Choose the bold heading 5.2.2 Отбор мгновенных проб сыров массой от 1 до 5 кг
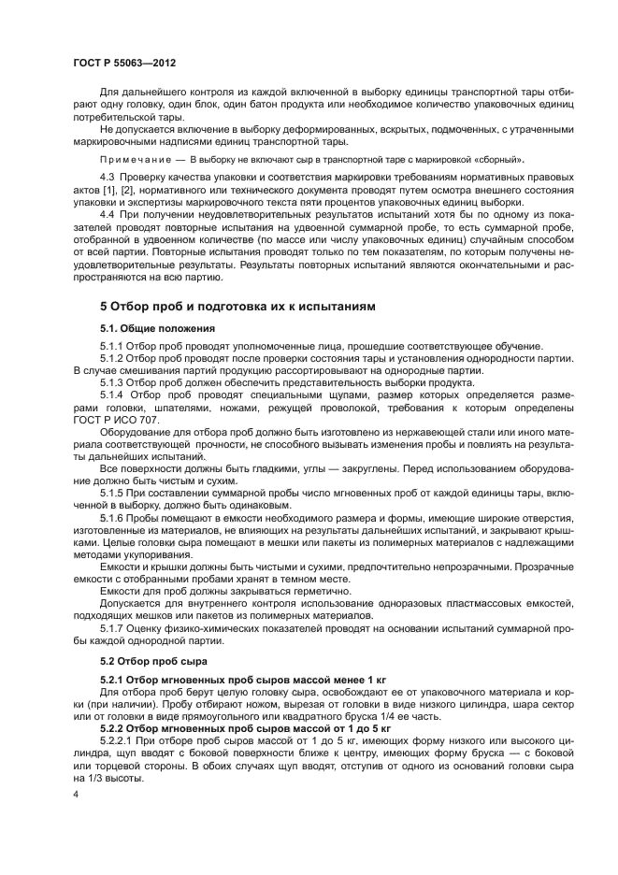pos(246,726)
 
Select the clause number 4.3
pos(109,176)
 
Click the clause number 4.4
pos(109,214)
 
